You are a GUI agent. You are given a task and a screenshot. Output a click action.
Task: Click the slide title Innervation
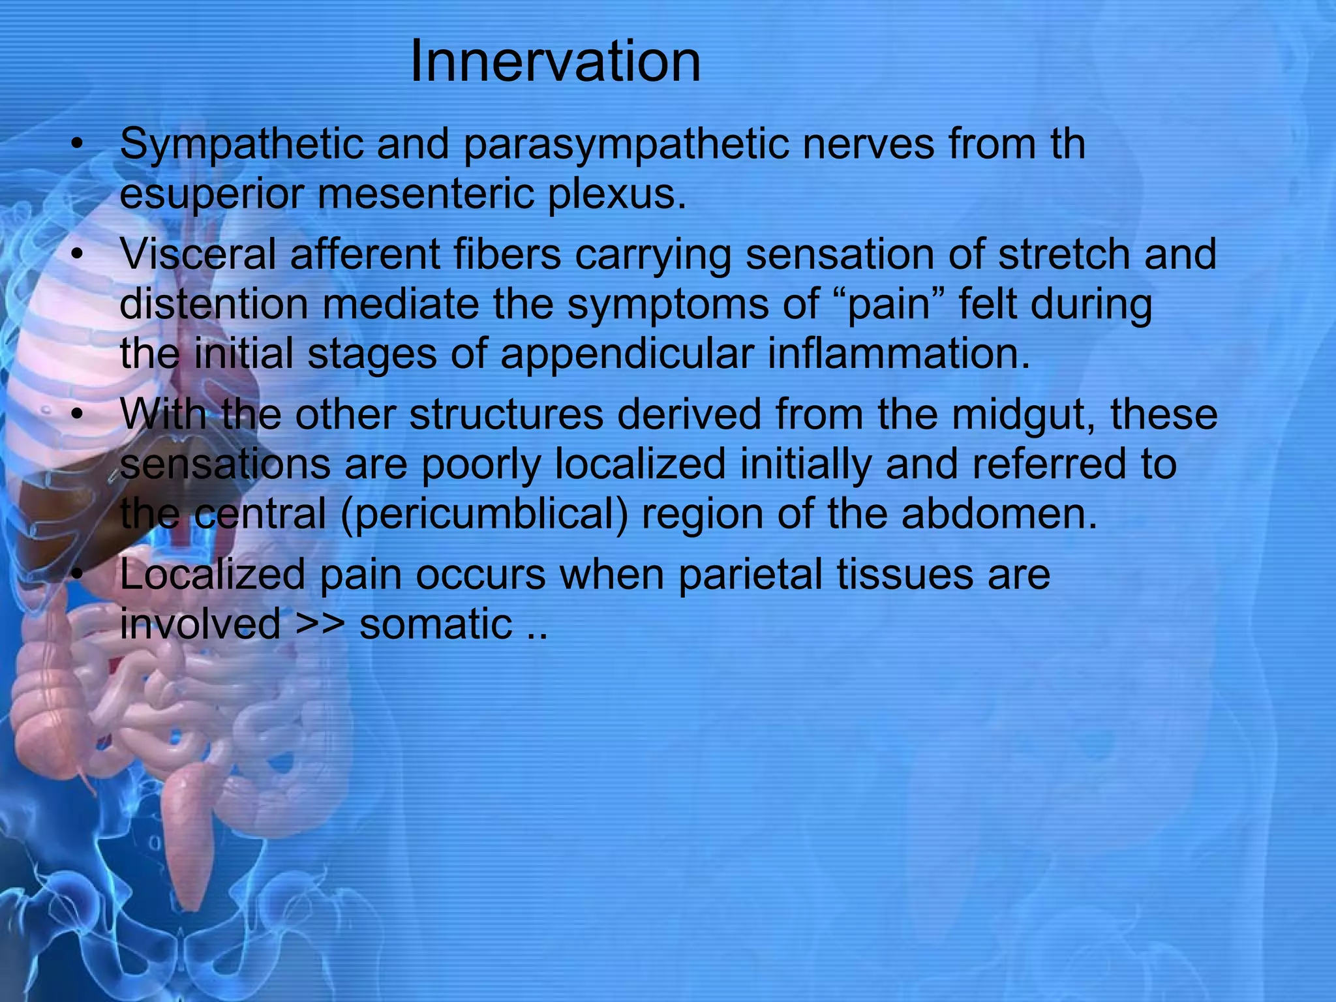(555, 62)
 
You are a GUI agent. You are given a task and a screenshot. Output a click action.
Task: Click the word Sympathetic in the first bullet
(241, 145)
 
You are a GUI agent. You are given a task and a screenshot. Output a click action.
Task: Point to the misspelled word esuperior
(212, 194)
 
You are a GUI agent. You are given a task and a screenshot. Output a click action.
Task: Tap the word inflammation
(899, 354)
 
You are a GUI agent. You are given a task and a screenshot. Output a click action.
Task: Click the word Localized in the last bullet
(213, 575)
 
